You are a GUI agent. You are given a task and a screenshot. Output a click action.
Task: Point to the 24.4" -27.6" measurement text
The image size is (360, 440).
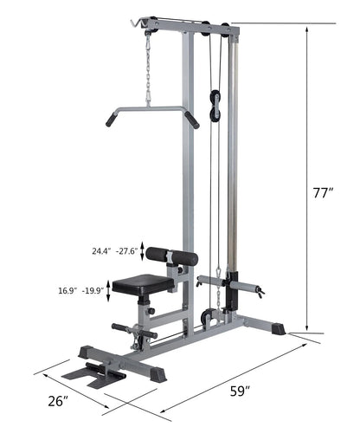point(113,252)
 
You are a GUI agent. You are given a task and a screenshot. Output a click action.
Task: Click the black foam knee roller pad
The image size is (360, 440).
point(170,256)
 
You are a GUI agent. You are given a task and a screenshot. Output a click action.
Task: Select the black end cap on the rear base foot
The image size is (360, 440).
point(278,329)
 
